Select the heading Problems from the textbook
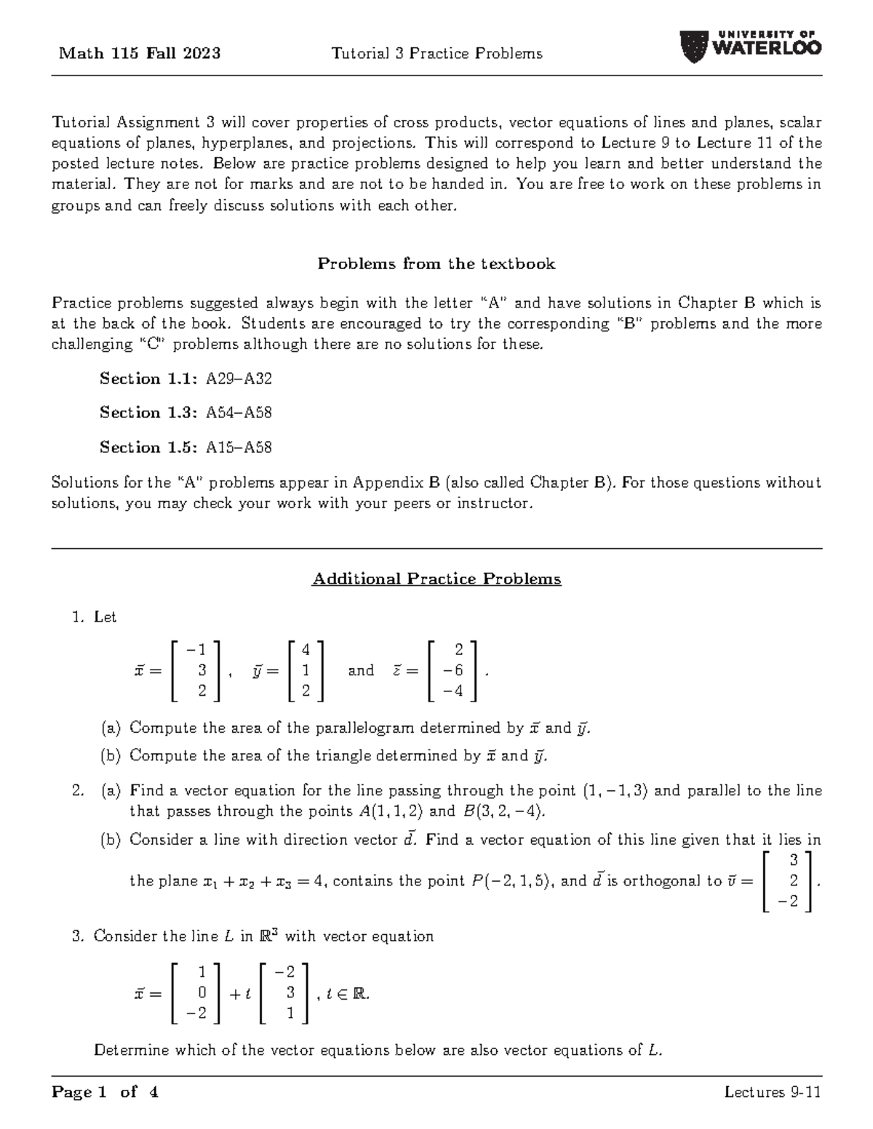[436, 264]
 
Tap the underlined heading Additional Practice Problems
[436, 579]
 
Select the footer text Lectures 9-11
[773, 1092]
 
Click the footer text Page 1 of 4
[105, 1092]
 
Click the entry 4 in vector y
[306, 649]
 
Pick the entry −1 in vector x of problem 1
[196, 649]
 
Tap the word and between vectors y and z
[361, 670]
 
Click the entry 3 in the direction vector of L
[290, 992]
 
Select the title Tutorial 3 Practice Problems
[436, 53]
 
